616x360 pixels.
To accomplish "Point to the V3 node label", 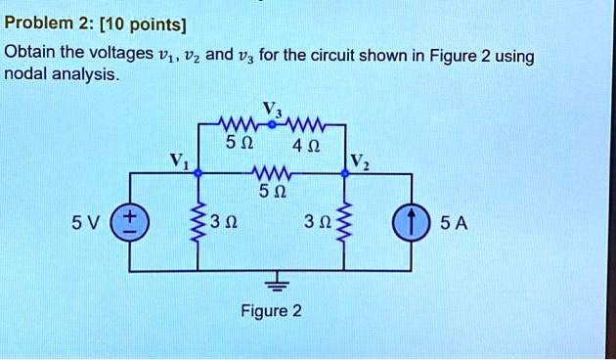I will (271, 108).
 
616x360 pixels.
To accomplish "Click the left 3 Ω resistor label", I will (227, 224).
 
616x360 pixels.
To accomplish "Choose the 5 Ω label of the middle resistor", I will (271, 193).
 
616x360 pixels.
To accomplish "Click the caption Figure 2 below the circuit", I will (272, 311).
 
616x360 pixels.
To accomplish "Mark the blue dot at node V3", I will (271, 125).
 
